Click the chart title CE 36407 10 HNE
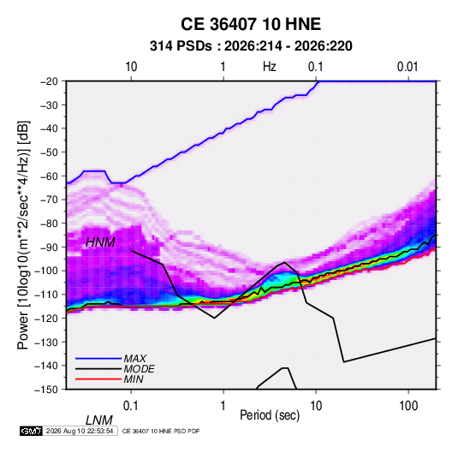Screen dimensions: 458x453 coord(251,24)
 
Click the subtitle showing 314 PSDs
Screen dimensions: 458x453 coord(251,46)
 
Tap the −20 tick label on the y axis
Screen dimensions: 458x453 coord(49,81)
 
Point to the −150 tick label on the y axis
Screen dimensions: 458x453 coord(46,390)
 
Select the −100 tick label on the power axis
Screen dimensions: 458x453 coord(46,271)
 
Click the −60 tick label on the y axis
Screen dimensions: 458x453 coord(49,176)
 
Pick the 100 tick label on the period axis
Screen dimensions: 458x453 coord(408,406)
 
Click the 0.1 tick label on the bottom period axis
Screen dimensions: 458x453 coord(131,406)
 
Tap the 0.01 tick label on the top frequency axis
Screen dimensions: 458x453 coord(407,67)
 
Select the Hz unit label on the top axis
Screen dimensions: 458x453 coord(270,67)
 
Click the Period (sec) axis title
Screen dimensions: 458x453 coord(270,415)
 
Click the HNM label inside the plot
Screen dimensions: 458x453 coord(100,242)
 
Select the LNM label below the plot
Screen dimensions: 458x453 coord(99,420)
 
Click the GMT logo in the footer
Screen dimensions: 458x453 coord(31,431)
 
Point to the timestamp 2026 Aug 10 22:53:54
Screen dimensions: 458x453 coord(80,431)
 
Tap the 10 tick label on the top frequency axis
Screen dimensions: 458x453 coord(131,67)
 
